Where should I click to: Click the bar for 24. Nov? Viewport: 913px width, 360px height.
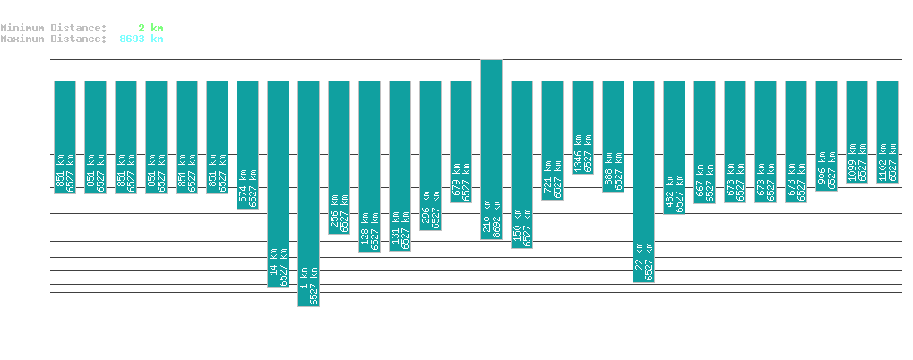491,150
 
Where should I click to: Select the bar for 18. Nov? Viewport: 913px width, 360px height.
308,193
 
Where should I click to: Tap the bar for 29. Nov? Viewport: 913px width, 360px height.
643,181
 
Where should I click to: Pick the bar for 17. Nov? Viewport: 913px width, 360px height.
278,184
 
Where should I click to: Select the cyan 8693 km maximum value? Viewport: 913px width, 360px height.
142,39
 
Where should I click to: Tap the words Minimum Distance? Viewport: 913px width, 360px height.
54,28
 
